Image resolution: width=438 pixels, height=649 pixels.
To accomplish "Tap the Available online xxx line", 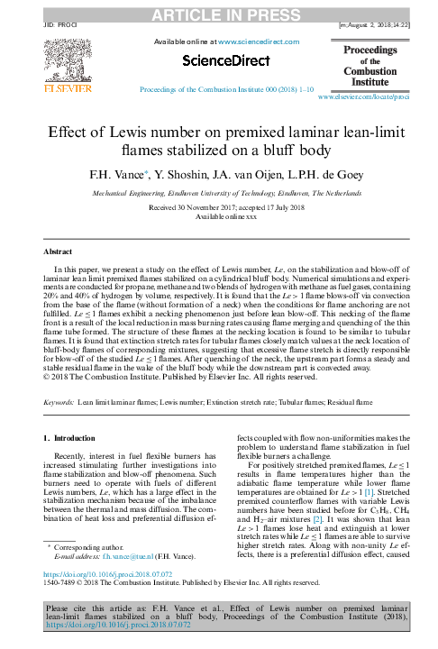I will (x=219, y=216).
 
